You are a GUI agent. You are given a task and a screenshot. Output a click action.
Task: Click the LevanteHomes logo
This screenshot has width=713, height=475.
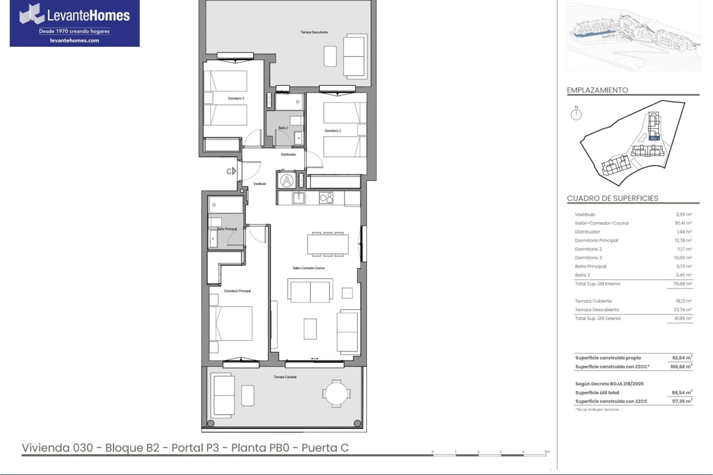tap(75, 23)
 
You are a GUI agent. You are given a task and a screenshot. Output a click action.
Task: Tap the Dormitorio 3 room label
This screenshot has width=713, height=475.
tap(236, 98)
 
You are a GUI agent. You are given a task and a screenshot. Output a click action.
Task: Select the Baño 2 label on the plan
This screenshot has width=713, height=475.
tap(283, 128)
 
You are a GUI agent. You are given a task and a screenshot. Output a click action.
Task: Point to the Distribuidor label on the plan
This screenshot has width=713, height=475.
tap(288, 154)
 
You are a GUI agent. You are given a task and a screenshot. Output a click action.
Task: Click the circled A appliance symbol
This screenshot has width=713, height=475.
tap(287, 181)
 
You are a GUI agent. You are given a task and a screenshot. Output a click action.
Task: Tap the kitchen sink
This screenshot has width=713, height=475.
tap(298, 198)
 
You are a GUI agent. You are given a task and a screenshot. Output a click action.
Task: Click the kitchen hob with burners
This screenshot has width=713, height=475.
tap(326, 198)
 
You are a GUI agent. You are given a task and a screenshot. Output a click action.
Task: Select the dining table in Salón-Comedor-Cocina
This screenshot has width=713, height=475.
tap(328, 244)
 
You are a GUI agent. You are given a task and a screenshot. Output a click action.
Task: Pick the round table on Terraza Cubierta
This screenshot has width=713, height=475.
tap(336, 394)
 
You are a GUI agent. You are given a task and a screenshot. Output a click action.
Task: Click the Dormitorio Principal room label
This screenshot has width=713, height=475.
tap(237, 291)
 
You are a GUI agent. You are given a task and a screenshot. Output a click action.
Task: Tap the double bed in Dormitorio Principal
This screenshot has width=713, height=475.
tap(231, 323)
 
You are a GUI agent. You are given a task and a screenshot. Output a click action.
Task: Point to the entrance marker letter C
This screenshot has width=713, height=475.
tap(229, 171)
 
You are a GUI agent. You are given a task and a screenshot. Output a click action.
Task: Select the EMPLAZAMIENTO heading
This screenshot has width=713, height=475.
tap(597, 90)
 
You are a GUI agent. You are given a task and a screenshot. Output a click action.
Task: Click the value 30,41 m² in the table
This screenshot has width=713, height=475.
tap(683, 223)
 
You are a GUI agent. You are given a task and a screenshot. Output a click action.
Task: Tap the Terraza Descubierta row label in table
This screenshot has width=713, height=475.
tap(597, 310)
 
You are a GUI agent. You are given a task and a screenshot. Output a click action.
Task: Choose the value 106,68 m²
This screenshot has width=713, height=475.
tap(681, 366)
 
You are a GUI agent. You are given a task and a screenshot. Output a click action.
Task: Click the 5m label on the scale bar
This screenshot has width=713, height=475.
tap(547, 452)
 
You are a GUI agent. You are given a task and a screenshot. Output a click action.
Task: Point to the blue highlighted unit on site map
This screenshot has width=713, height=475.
tap(654, 138)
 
